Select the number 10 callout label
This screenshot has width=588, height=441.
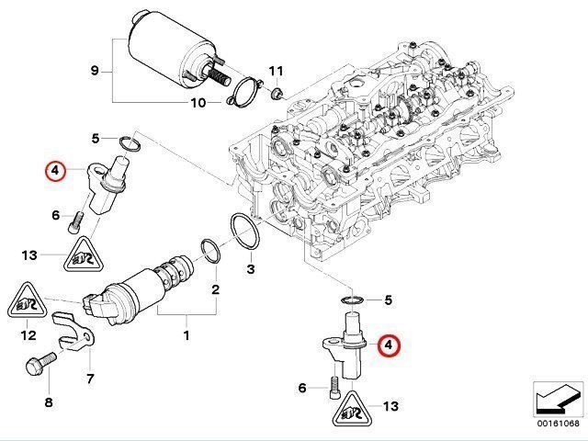click(x=198, y=103)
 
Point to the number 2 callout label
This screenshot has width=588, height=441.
click(x=215, y=290)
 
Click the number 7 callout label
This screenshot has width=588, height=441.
click(x=90, y=377)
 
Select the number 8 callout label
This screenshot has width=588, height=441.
click(x=49, y=401)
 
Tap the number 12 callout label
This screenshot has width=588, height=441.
click(x=28, y=335)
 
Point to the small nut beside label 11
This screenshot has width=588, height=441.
click(x=278, y=92)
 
